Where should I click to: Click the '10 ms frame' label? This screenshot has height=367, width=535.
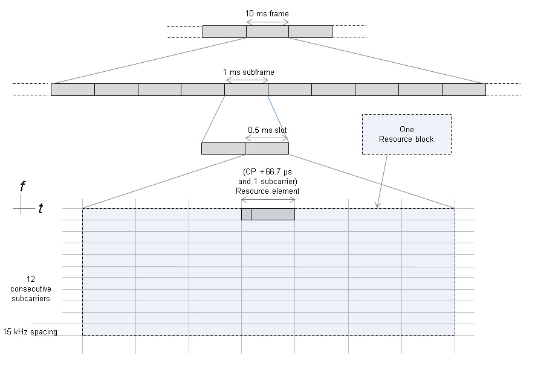click(268, 13)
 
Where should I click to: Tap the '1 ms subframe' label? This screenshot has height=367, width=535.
click(248, 72)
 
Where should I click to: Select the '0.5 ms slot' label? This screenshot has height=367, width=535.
click(267, 129)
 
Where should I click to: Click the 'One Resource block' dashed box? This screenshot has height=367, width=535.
click(406, 134)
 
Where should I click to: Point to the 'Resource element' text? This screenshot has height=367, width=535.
click(267, 191)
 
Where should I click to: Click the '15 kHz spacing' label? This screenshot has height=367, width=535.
click(30, 331)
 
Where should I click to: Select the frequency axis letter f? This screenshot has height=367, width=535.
click(22, 187)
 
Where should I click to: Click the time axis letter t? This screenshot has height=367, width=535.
click(41, 208)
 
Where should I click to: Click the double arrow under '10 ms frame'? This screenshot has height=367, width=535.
click(268, 22)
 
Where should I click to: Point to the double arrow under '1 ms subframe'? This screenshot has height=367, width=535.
click(247, 80)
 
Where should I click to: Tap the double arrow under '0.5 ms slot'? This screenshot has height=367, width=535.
click(267, 138)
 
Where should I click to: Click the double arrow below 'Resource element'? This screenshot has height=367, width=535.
click(268, 200)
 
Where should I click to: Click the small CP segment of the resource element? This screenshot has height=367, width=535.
click(246, 214)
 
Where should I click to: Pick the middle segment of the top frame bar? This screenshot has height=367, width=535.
click(267, 31)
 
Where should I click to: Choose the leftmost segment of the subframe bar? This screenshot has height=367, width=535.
click(73, 89)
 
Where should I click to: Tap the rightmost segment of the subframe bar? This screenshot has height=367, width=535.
click(464, 89)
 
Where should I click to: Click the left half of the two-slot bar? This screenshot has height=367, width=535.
click(223, 148)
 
